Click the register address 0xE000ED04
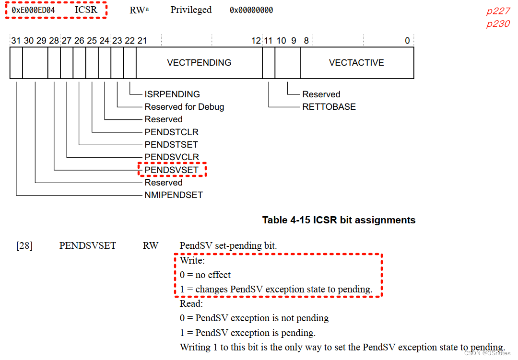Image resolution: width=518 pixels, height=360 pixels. click(x=33, y=10)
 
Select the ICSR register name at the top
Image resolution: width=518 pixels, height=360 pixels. click(x=86, y=10)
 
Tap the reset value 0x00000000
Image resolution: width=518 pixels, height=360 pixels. click(x=251, y=10)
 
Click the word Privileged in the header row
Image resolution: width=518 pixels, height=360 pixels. click(x=191, y=10)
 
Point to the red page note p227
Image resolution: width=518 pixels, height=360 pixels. click(x=498, y=12)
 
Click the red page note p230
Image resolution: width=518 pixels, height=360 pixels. click(x=498, y=24)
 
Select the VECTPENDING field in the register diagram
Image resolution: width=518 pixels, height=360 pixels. click(x=199, y=63)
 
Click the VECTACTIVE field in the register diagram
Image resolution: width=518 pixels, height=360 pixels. click(x=356, y=63)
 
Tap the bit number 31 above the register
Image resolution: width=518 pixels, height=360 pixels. click(x=16, y=41)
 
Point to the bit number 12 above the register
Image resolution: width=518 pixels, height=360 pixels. click(x=256, y=41)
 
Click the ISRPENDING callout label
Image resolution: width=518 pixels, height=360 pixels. click(x=172, y=94)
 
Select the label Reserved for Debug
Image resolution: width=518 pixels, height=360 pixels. click(x=184, y=107)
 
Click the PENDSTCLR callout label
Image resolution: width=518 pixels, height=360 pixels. click(x=171, y=132)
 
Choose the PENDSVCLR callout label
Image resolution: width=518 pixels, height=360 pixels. click(x=171, y=157)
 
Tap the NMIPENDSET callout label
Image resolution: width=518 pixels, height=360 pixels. click(x=174, y=195)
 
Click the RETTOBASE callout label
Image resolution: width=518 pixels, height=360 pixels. click(x=329, y=107)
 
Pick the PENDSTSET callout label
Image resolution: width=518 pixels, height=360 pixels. click(x=171, y=144)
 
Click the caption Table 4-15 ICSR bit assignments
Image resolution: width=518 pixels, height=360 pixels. click(x=339, y=220)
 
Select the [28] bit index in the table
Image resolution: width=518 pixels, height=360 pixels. click(x=24, y=246)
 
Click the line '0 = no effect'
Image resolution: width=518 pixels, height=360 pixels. click(x=205, y=275)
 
